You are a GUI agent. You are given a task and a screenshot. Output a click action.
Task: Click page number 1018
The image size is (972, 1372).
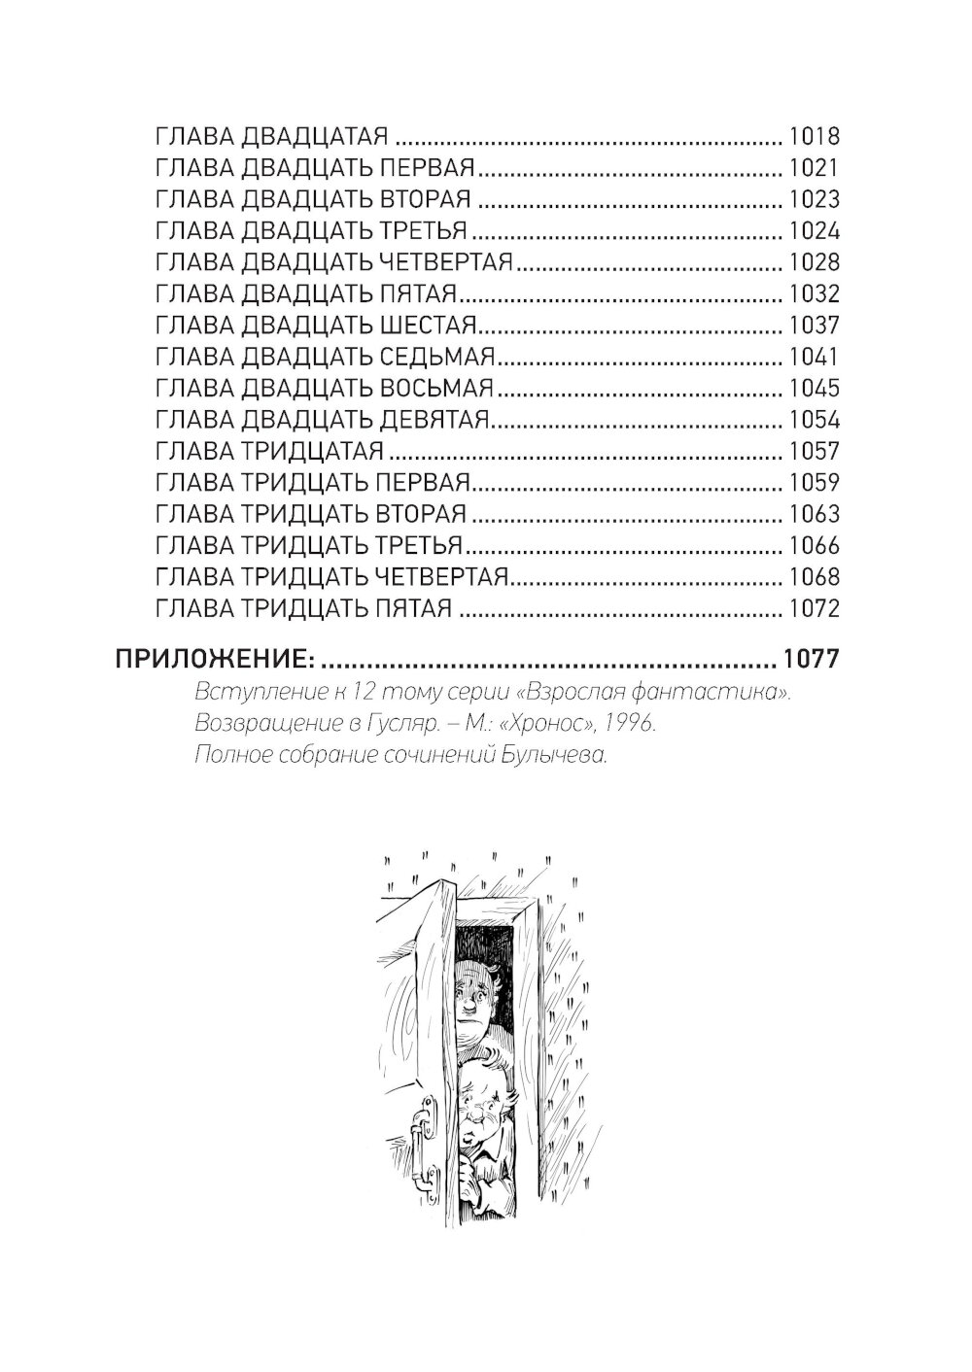(814, 136)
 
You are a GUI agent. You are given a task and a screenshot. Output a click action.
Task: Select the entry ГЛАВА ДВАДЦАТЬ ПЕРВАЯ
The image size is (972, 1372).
(316, 168)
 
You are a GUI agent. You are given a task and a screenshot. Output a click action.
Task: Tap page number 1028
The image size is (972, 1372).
(814, 262)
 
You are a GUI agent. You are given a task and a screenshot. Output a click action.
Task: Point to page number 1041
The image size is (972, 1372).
(814, 357)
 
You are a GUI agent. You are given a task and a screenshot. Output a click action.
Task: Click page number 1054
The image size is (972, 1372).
(814, 420)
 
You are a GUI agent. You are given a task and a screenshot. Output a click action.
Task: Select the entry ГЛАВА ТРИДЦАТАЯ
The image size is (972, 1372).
(269, 452)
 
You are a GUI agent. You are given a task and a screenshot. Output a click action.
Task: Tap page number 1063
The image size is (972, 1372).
(814, 514)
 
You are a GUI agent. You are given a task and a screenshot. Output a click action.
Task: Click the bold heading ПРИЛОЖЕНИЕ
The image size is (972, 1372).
(215, 660)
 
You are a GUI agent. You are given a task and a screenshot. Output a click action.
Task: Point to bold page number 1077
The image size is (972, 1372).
(811, 659)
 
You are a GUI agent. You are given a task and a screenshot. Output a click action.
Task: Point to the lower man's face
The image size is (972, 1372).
(482, 1113)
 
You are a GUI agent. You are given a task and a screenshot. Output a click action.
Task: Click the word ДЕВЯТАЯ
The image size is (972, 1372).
(434, 420)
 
